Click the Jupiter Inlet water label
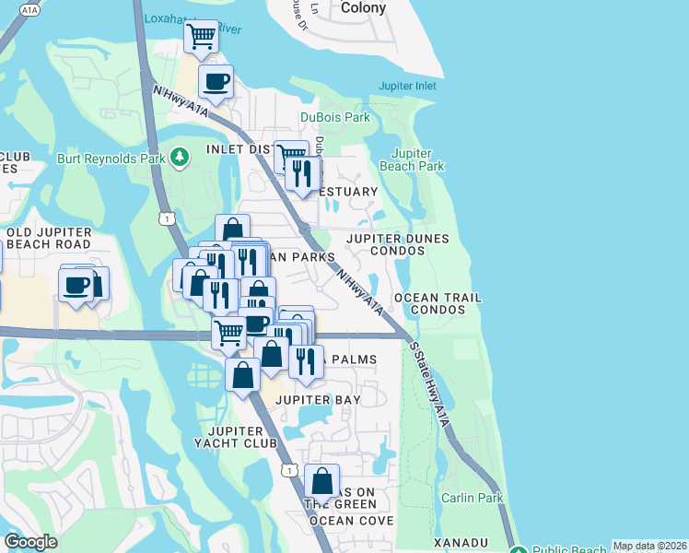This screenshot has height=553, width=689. click(x=407, y=87)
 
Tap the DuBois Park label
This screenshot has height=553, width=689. click(x=335, y=117)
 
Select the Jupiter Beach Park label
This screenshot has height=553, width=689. click(x=418, y=159)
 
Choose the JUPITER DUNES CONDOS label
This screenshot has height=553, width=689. click(x=398, y=244)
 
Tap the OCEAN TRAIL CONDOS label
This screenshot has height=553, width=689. click(x=438, y=304)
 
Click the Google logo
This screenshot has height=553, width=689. click(x=30, y=542)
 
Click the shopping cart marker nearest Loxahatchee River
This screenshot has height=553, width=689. click(x=201, y=37)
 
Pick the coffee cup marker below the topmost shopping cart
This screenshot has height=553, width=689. click(x=216, y=81)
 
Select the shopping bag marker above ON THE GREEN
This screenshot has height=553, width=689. click(x=322, y=480)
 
